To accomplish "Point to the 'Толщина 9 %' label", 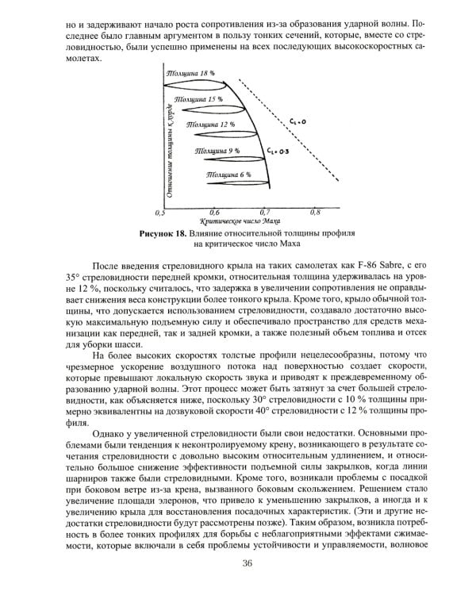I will [218, 148].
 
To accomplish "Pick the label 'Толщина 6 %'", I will [228, 173].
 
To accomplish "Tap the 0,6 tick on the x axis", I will [213, 213].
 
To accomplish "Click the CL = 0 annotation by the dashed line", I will [296, 121].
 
